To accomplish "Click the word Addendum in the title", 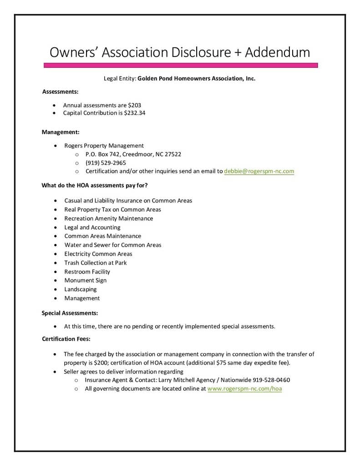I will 278,52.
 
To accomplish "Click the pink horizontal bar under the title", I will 181,66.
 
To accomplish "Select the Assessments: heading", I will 61,91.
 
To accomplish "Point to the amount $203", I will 135,105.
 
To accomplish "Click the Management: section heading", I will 61,132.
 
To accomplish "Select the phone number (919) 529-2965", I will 106,162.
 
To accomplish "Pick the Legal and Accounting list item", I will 92,227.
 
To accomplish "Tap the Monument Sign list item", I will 86,280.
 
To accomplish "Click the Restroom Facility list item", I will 87,272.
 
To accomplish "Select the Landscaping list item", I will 81,289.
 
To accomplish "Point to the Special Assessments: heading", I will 70,313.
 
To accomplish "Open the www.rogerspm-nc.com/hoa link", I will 244,389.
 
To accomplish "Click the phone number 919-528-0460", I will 271,380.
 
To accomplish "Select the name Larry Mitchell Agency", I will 189,380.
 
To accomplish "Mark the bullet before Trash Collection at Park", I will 55,263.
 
